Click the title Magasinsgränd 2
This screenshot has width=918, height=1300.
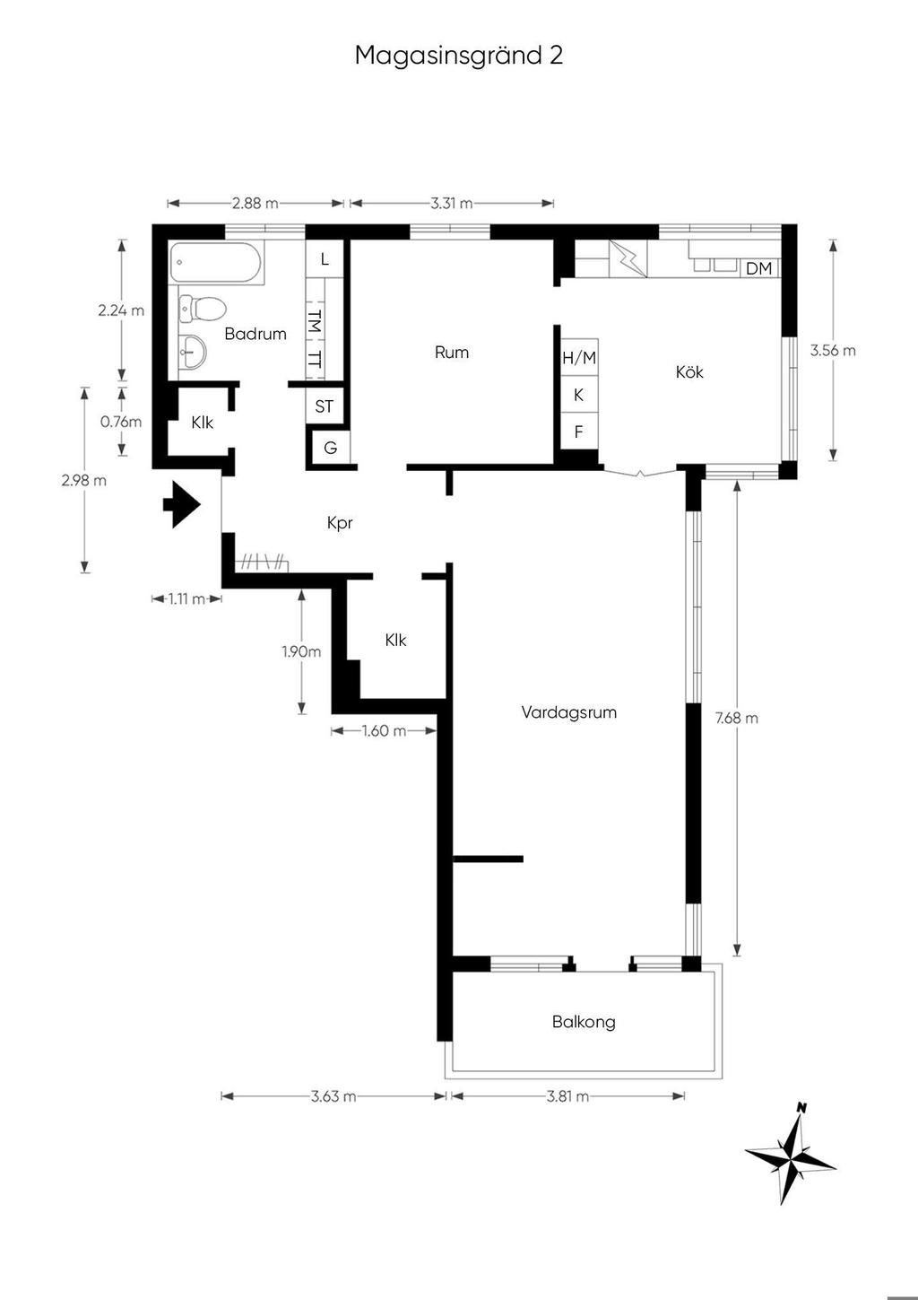tap(459, 56)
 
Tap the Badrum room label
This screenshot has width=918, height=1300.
tap(255, 334)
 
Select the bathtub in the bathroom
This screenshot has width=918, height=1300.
tap(218, 262)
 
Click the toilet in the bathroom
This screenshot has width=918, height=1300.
tap(202, 308)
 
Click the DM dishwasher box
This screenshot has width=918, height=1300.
tap(758, 268)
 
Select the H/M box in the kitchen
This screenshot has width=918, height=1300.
tap(579, 357)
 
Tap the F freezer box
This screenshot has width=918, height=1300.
tap(579, 432)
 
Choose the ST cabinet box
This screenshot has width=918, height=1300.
tap(325, 406)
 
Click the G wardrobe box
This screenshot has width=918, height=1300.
tap(331, 448)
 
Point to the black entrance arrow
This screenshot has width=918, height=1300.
tap(182, 503)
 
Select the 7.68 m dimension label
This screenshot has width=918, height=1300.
tap(737, 718)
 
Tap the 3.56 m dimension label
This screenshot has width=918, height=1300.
tap(833, 351)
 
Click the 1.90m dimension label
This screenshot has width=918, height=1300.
tap(301, 651)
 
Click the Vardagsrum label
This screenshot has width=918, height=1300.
tap(569, 712)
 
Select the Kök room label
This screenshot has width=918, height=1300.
tap(688, 371)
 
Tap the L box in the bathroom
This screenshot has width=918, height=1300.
tap(325, 259)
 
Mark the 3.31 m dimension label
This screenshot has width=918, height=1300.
tap(451, 203)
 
